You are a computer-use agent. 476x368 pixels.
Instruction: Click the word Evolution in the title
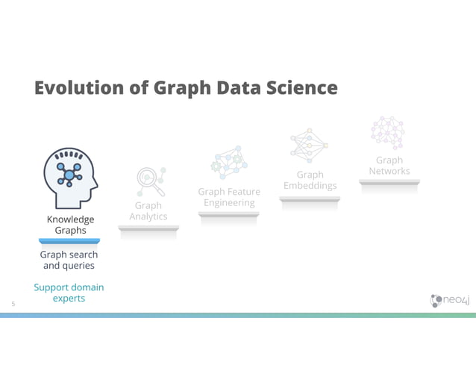pyautogui.click(x=71, y=88)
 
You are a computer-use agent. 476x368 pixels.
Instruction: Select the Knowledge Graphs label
pyautogui.click(x=70, y=225)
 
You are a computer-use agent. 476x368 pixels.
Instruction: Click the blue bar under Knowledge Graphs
pyautogui.click(x=69, y=241)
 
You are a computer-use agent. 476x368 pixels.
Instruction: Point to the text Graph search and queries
pyautogui.click(x=69, y=260)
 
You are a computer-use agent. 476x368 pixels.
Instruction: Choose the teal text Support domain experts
pyautogui.click(x=69, y=293)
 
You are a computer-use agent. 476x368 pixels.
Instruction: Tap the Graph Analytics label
pyautogui.click(x=148, y=210)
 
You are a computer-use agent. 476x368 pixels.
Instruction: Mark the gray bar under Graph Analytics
pyautogui.click(x=148, y=228)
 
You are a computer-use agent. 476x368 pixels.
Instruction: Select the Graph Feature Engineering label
pyautogui.click(x=229, y=197)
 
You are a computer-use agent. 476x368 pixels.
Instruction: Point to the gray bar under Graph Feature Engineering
pyautogui.click(x=229, y=214)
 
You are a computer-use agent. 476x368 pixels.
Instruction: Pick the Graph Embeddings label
pyautogui.click(x=310, y=180)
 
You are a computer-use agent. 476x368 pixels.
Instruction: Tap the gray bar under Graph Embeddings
pyautogui.click(x=310, y=199)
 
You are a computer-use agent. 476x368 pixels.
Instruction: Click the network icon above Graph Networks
pyautogui.click(x=388, y=133)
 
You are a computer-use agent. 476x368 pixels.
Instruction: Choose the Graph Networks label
pyautogui.click(x=389, y=166)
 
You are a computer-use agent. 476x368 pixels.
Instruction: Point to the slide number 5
pyautogui.click(x=13, y=303)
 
